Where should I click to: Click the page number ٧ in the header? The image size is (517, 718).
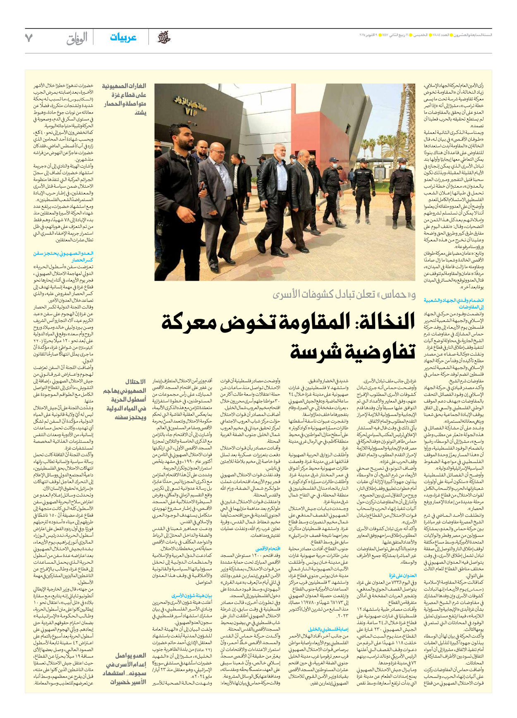[x=29, y=38]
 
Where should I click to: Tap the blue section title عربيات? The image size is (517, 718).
[x=123, y=38]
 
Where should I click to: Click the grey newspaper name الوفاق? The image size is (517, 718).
[x=77, y=39]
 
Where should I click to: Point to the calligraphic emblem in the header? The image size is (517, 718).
[x=163, y=38]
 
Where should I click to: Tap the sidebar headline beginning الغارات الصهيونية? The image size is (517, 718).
[x=124, y=99]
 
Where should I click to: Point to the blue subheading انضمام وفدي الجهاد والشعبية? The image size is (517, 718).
[x=454, y=304]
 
